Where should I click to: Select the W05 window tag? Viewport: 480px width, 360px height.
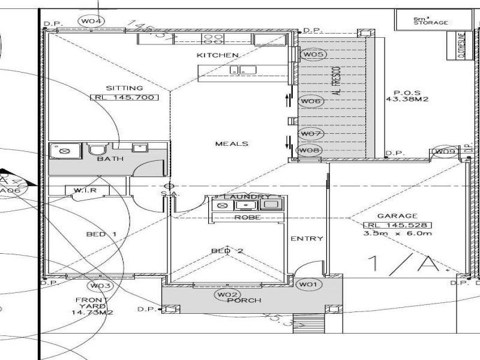click(x=313, y=55)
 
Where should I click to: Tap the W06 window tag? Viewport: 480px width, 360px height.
click(x=311, y=101)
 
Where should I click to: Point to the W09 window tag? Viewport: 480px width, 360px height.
click(x=445, y=152)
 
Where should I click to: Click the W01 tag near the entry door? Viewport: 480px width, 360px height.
click(x=310, y=284)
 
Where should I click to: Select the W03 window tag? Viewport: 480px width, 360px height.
click(x=100, y=286)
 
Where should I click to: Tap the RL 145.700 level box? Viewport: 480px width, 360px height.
click(x=124, y=97)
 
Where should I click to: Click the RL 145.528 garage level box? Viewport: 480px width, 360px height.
click(x=397, y=225)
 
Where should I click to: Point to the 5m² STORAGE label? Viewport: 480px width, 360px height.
click(x=430, y=21)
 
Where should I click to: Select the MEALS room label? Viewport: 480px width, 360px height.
click(x=232, y=144)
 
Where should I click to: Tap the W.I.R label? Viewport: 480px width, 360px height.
click(x=82, y=191)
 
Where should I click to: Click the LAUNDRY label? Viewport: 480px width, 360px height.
click(x=247, y=197)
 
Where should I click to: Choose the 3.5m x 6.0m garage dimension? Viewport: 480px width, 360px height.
click(x=397, y=234)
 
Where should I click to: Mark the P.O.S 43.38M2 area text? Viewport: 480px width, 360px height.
click(x=406, y=96)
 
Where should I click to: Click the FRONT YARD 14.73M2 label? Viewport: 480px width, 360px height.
click(x=92, y=306)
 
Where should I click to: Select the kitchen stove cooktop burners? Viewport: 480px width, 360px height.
click(x=211, y=40)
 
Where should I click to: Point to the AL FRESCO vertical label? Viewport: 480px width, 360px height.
click(x=337, y=81)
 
